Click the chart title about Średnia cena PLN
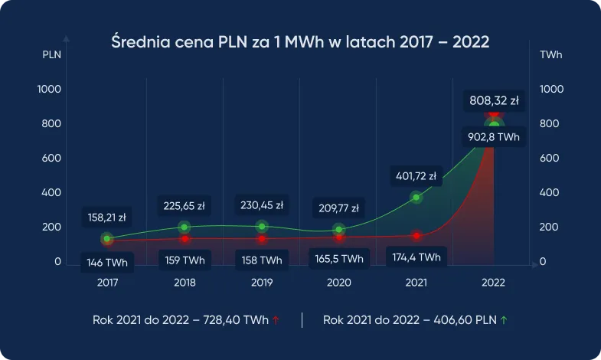tap(300, 41)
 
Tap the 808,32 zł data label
tap(494, 100)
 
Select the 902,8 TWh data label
tap(494, 138)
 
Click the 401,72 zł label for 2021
tap(416, 176)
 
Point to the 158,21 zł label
tap(107, 217)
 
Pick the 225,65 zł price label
tap(185, 205)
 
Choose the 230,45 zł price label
tap(262, 205)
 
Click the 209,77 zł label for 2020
tap(339, 207)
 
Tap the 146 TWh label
tap(107, 263)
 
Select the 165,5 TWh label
tap(339, 260)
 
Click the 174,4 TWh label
tap(416, 257)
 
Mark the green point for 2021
tap(416, 198)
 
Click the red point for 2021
tap(416, 236)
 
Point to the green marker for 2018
tap(185, 227)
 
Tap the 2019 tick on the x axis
tap(262, 283)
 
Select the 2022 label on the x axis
tap(493, 283)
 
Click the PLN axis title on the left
tap(51, 55)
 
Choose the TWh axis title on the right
tap(550, 55)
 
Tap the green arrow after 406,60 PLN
tap(504, 320)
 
